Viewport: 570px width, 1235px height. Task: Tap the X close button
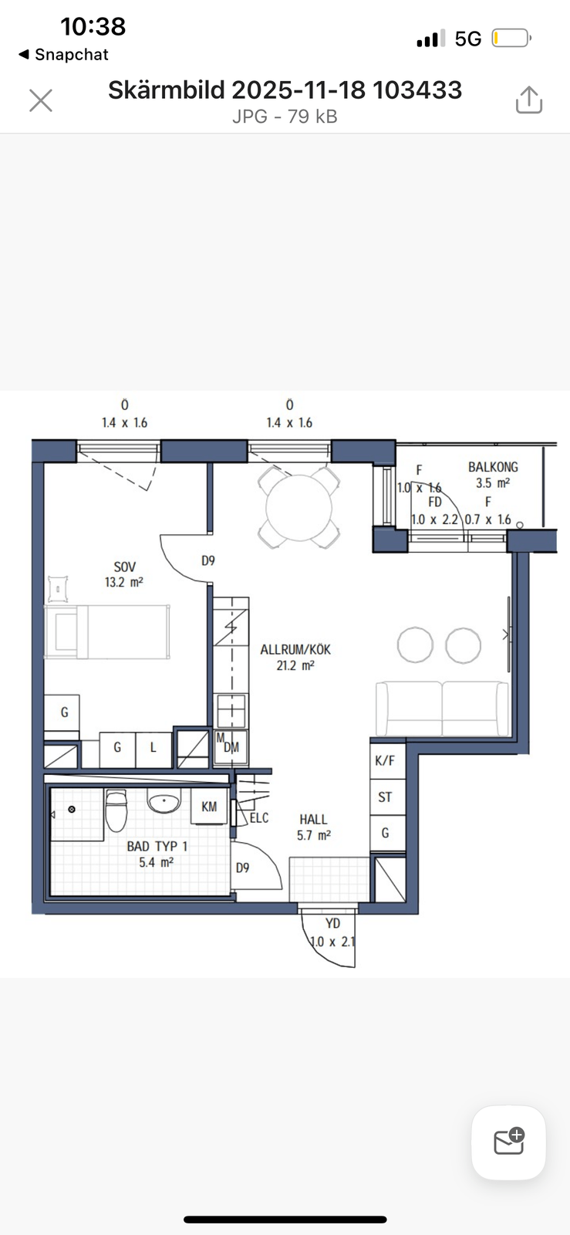tap(41, 101)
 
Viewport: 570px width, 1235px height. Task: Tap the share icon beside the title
tap(528, 100)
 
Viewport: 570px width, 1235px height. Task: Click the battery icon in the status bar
tap(511, 39)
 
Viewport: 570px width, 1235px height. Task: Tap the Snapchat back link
tap(63, 55)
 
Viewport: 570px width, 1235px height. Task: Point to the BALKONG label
tap(493, 467)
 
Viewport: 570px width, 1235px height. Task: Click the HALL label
tap(313, 819)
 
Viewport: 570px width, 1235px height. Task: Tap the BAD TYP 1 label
tap(157, 846)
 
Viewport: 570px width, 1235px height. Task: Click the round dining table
tap(299, 507)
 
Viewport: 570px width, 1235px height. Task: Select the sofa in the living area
tap(442, 708)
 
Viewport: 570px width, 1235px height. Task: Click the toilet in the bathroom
tap(116, 810)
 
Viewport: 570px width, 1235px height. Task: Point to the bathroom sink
tap(164, 802)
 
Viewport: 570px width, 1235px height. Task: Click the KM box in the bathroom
tap(209, 807)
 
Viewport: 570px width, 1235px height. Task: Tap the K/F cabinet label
tap(385, 761)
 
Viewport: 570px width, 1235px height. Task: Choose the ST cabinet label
tap(385, 797)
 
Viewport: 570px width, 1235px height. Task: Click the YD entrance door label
tap(332, 923)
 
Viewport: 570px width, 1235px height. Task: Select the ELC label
tap(259, 817)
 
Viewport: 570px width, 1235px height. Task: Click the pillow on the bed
tap(66, 631)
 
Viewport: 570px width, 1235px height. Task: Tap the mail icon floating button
tap(509, 1142)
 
